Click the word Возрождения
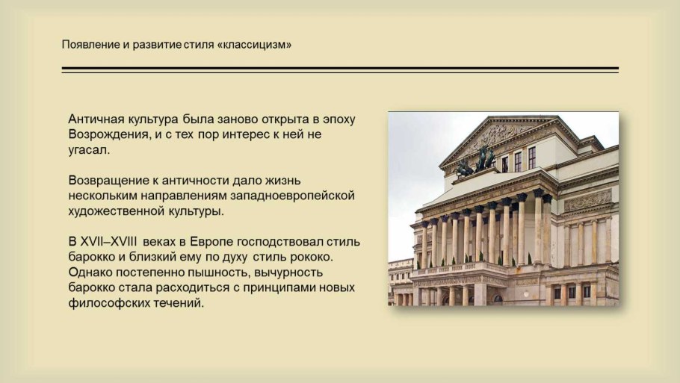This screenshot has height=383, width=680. (111, 135)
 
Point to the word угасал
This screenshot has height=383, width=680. (89, 150)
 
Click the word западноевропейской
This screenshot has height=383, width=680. (297, 196)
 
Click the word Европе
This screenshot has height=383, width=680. (211, 242)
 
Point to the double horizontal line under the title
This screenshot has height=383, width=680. (340, 70)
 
